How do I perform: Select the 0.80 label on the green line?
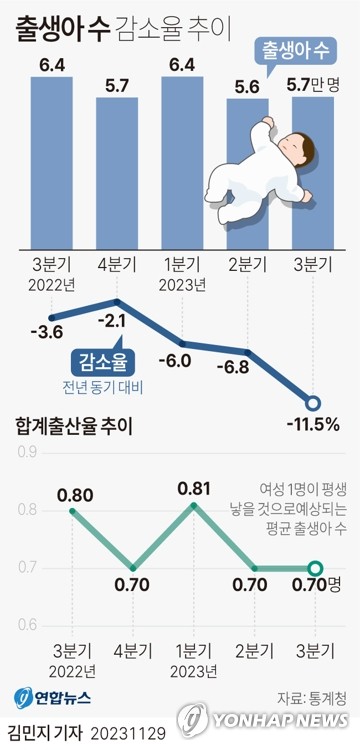(76, 494)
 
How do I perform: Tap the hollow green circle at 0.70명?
(316, 569)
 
